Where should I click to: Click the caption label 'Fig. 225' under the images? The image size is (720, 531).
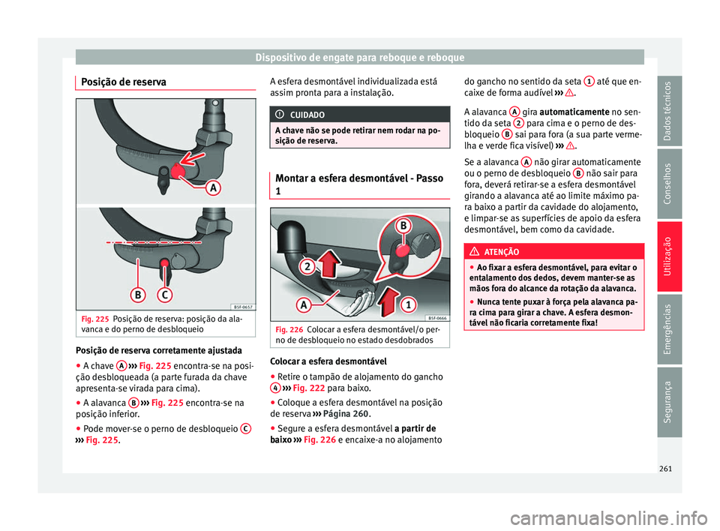97,318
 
